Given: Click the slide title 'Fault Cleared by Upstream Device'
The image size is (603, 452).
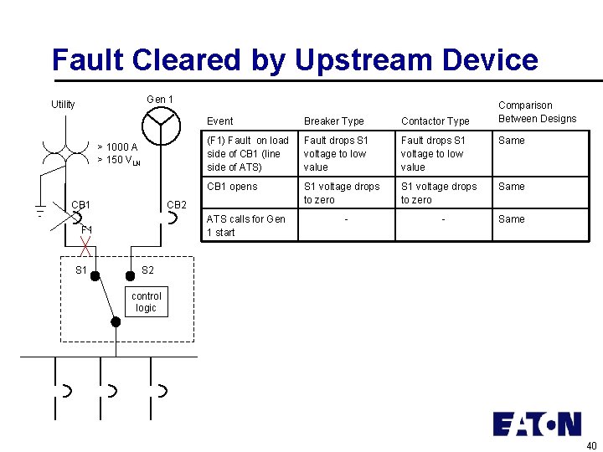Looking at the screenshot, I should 294,60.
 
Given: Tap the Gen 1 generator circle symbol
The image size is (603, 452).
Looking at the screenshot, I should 161,126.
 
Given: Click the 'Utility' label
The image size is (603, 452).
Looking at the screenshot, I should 63,105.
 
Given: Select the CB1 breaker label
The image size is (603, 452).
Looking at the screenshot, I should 81,205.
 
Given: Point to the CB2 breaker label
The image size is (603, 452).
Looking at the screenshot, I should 177,205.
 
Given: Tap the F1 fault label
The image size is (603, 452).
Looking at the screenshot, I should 86,229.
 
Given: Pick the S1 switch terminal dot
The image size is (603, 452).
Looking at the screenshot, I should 95,275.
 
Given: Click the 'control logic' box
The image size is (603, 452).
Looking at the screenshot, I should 147,302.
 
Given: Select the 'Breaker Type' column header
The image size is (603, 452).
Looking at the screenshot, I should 334,121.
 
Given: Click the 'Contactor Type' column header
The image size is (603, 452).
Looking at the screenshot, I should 435,121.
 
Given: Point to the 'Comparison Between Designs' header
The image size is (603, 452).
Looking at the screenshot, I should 537,112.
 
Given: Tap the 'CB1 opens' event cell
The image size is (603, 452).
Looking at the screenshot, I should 232,187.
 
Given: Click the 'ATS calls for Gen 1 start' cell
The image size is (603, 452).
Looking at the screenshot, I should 245,226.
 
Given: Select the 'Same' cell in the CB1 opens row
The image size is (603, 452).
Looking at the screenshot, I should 511,187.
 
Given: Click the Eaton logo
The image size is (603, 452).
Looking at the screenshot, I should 536,424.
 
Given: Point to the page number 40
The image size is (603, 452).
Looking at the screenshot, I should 591,444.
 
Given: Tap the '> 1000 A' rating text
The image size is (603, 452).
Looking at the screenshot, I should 117,147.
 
